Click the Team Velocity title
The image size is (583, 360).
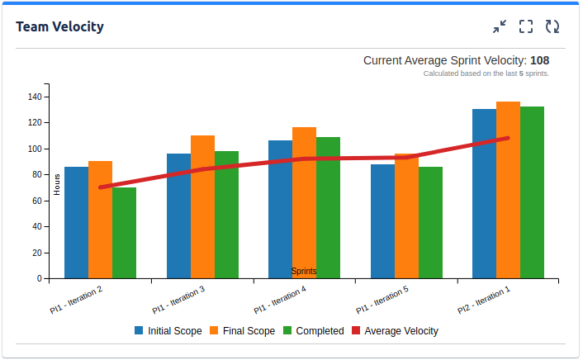[59, 26]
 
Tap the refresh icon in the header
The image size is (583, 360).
[552, 26]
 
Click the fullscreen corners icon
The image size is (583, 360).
[526, 26]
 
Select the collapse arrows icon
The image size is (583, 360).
[500, 26]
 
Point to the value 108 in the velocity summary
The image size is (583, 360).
[539, 60]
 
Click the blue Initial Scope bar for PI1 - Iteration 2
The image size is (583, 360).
[76, 222]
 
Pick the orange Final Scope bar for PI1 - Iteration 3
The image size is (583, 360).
[202, 206]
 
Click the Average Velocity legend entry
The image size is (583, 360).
[395, 331]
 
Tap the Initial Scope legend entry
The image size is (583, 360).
[168, 331]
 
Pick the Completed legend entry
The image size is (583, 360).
[313, 331]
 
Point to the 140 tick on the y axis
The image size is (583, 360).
[34, 97]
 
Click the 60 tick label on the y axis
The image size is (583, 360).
[36, 201]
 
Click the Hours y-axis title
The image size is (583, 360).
[57, 186]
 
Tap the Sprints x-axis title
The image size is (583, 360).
[304, 271]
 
